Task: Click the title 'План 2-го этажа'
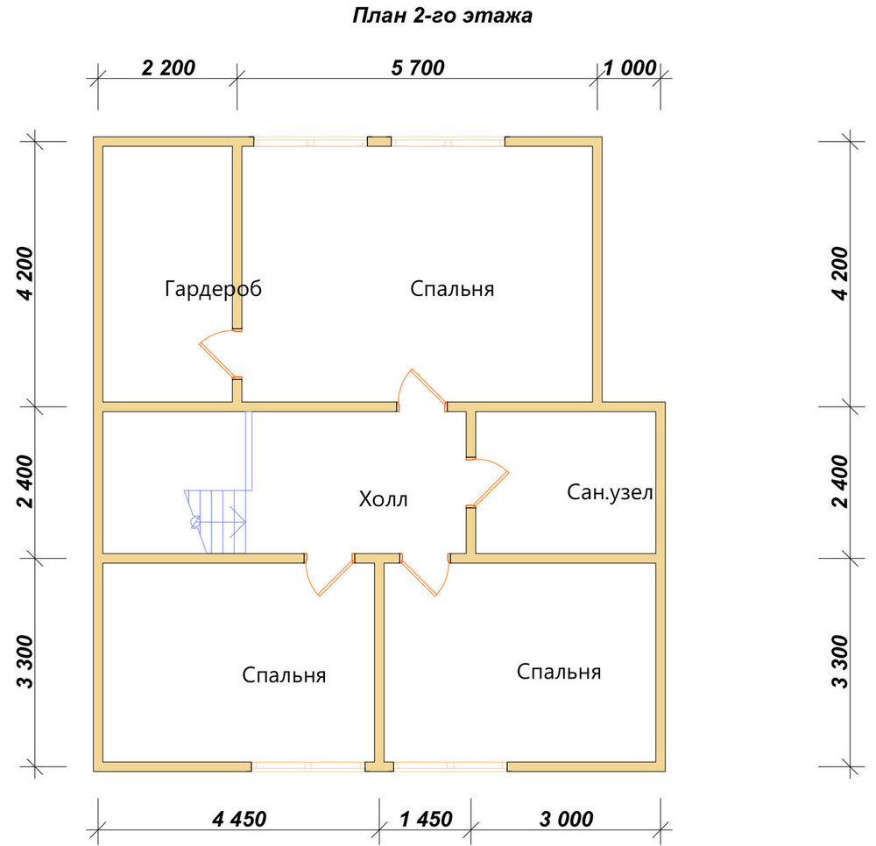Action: (x=442, y=16)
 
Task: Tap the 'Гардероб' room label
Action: (x=213, y=289)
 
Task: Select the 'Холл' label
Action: (x=384, y=498)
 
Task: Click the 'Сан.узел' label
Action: (x=610, y=492)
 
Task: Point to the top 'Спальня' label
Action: (x=452, y=289)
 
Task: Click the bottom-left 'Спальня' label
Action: (x=284, y=675)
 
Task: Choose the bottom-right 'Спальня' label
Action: (x=559, y=671)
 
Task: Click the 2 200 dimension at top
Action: (x=168, y=68)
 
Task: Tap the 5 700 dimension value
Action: (x=417, y=68)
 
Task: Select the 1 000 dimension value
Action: (x=630, y=68)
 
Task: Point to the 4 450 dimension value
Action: (x=239, y=819)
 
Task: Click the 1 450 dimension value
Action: (x=426, y=819)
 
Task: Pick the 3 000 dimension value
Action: (x=566, y=819)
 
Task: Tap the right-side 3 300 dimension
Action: (x=840, y=662)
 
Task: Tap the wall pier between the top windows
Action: (x=378, y=141)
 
